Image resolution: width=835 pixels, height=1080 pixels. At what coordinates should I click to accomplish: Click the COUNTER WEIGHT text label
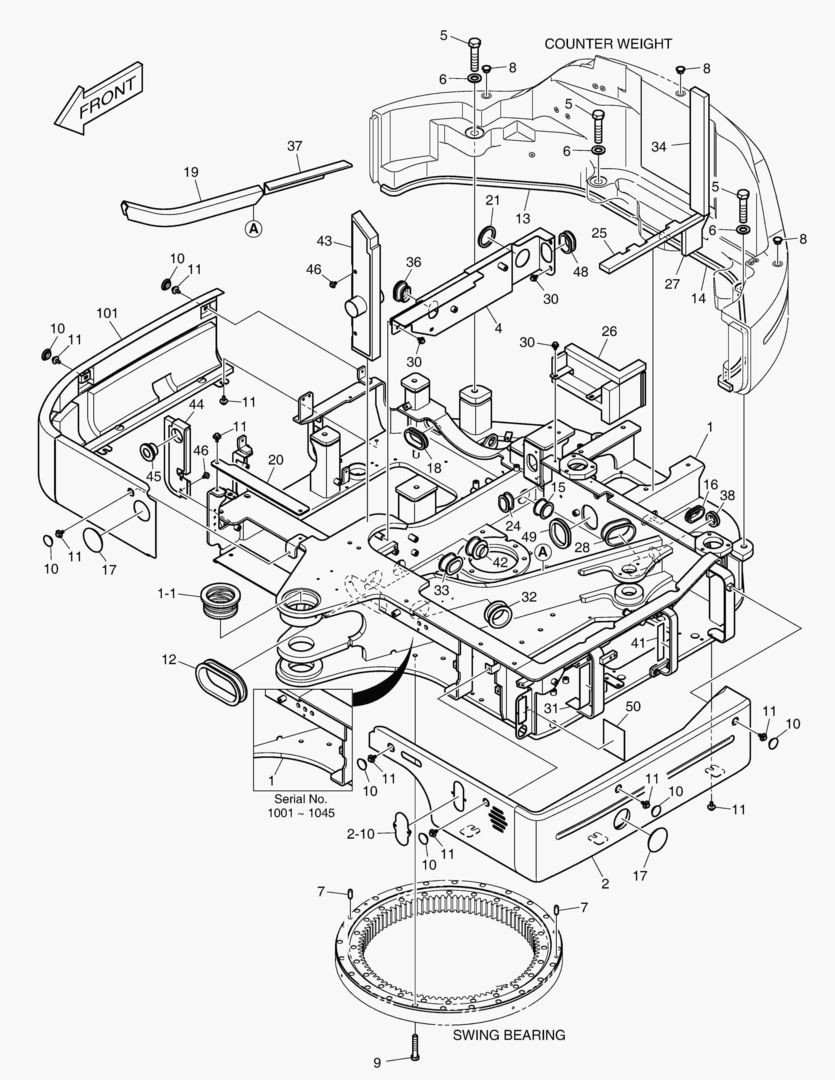tap(607, 44)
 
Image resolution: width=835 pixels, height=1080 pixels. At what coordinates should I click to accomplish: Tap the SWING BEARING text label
tap(508, 1035)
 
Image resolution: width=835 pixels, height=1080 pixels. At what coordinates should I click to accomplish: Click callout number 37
tap(294, 147)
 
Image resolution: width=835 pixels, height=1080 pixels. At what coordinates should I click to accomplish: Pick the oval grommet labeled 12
tap(221, 681)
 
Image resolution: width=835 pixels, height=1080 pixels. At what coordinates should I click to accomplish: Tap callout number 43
tap(325, 242)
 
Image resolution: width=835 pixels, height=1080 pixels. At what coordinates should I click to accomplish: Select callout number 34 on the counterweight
tap(659, 146)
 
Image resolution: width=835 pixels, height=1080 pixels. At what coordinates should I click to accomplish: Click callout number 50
tap(632, 706)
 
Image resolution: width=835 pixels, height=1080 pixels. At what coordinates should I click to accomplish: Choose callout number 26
tap(609, 331)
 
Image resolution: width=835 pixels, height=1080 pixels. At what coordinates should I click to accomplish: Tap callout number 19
tap(191, 172)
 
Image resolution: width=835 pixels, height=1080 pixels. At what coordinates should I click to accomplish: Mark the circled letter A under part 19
tap(254, 228)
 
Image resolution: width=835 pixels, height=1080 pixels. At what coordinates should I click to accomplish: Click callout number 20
tap(275, 460)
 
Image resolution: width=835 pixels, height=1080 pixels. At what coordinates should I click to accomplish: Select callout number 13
tap(523, 218)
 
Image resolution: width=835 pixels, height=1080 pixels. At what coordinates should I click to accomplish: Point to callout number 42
tap(500, 563)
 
